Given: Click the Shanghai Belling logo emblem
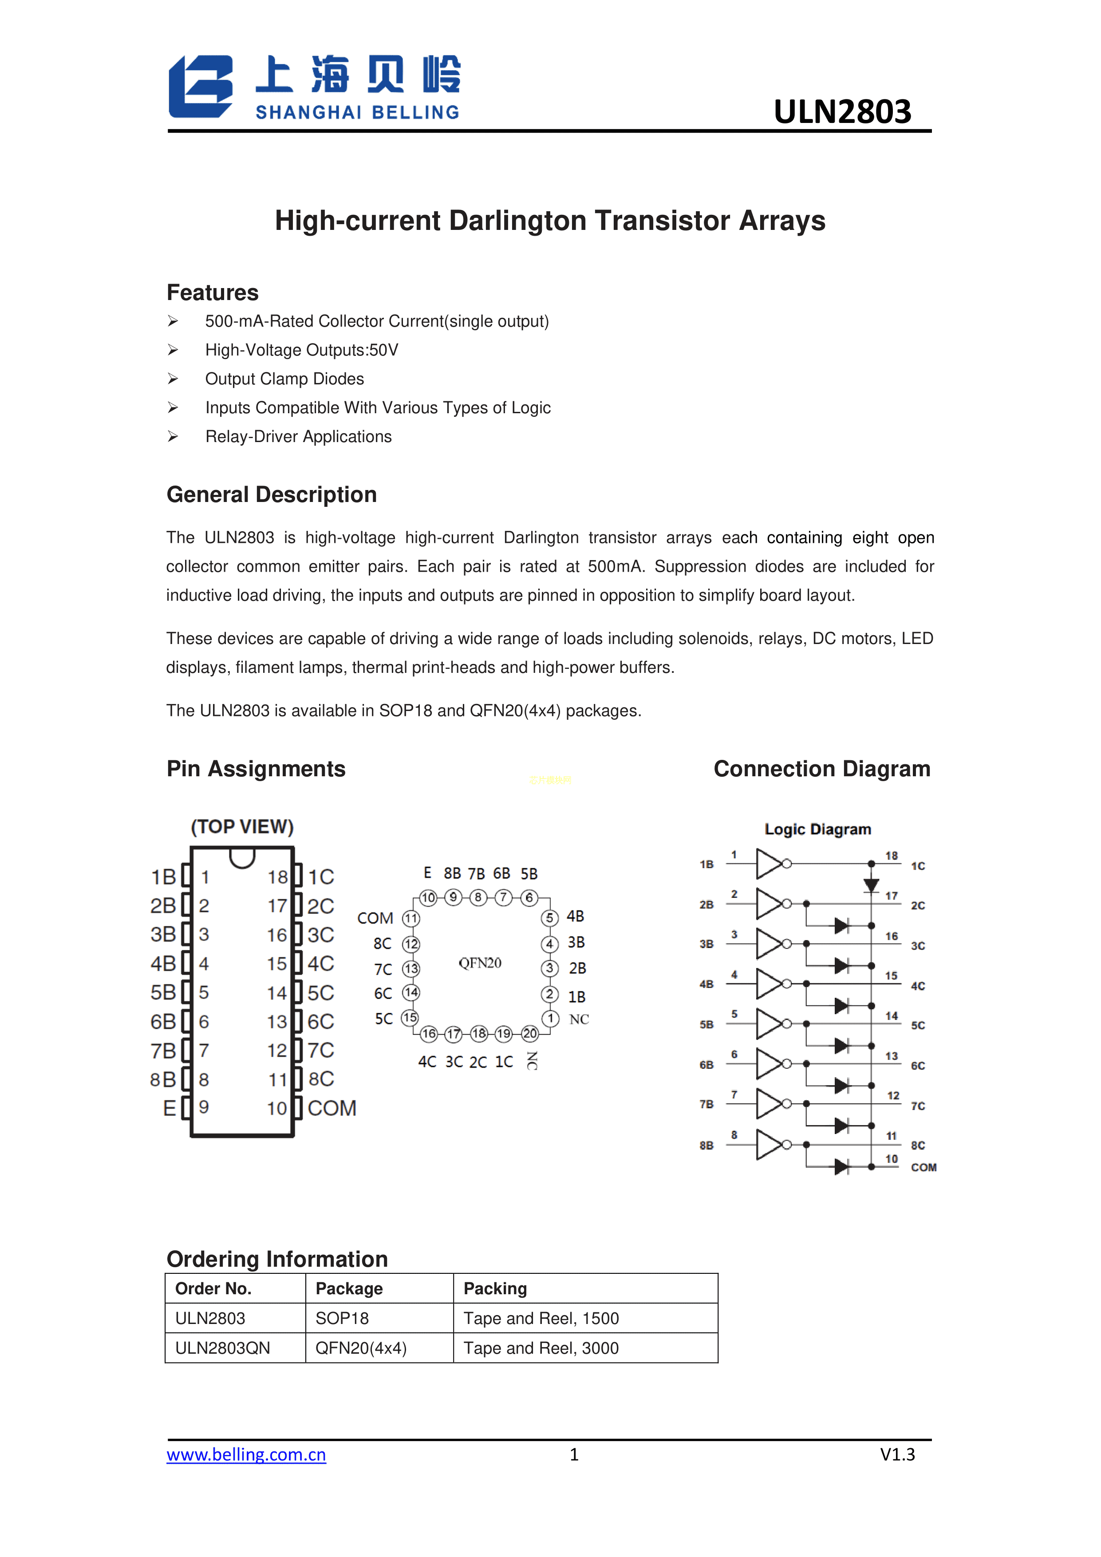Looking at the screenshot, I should (x=201, y=87).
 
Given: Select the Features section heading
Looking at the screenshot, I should (x=212, y=293).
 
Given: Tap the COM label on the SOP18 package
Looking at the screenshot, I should (x=331, y=1108).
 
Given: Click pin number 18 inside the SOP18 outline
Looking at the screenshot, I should (x=277, y=877).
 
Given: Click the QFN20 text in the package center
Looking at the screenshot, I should (x=480, y=963).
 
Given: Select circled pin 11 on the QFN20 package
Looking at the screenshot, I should (x=411, y=919).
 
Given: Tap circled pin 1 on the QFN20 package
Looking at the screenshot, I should (x=550, y=1019).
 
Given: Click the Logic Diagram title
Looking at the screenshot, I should (x=817, y=830).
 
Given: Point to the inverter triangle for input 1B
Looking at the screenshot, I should (x=769, y=864).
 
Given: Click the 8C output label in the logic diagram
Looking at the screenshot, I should (x=918, y=1146).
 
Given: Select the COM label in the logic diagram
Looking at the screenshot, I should (x=923, y=1167).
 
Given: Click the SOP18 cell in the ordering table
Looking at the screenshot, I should (x=342, y=1318).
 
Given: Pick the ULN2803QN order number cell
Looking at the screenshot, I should (x=222, y=1348).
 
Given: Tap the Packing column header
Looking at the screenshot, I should (x=495, y=1288).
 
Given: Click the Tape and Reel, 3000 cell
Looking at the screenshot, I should (x=541, y=1348).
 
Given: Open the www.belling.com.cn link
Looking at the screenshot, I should (x=246, y=1454).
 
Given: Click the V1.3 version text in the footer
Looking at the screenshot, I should (x=897, y=1454).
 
